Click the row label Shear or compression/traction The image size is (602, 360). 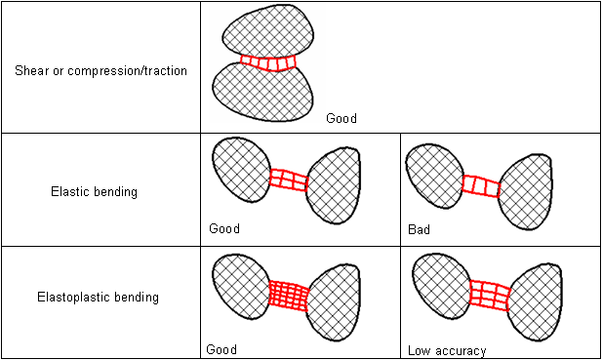[x=100, y=70]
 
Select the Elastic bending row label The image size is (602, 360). [x=94, y=192]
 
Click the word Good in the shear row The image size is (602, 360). [x=341, y=119]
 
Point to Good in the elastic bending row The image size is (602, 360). [x=224, y=230]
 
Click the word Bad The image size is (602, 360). [x=419, y=230]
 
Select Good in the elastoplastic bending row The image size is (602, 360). [x=221, y=348]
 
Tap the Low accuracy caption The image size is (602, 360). [x=447, y=349]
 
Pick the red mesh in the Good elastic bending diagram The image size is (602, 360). [x=288, y=180]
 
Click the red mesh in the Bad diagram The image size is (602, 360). [x=481, y=184]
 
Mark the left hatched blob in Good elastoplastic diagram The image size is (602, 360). [x=240, y=286]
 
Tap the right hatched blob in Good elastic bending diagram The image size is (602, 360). [x=333, y=185]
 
